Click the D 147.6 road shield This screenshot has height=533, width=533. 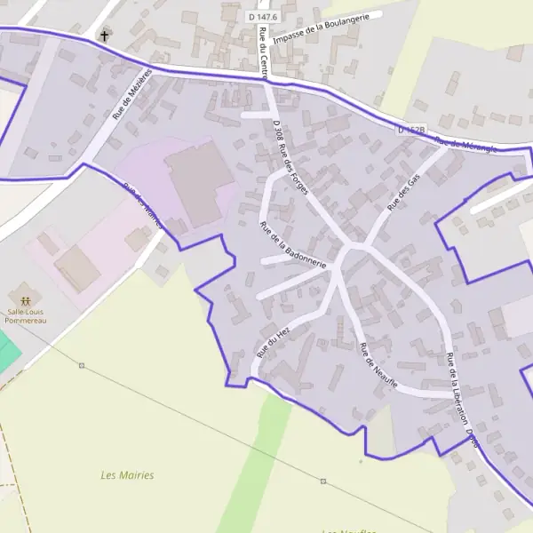[x=264, y=17]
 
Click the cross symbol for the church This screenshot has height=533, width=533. [x=105, y=36]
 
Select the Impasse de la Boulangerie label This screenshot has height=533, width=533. [x=328, y=27]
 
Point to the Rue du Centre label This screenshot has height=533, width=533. [x=263, y=52]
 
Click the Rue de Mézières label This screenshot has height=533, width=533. [x=132, y=94]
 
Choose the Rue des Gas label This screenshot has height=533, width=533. [x=403, y=193]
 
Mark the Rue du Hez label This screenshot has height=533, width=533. [x=274, y=340]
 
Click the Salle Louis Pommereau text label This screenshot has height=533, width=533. [x=28, y=314]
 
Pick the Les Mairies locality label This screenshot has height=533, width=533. [x=127, y=475]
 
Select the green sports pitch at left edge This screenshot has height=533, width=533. [x=8, y=349]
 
